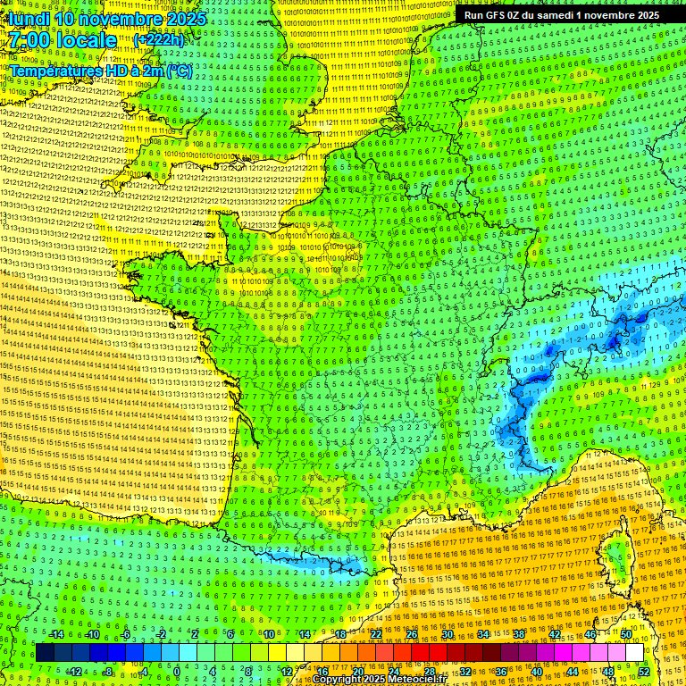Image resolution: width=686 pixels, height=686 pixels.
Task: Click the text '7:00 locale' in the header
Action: [x=63, y=40]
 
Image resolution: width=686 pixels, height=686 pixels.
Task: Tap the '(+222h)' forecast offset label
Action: [x=159, y=39]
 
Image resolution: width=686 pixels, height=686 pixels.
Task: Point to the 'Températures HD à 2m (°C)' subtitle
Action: [x=100, y=71]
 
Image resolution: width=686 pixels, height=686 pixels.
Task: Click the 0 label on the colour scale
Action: [x=177, y=671]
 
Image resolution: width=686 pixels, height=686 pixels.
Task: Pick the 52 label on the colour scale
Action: [x=644, y=671]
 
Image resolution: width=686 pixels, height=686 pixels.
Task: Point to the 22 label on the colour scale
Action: [x=376, y=634]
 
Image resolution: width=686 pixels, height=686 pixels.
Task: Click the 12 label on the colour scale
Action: [x=286, y=671]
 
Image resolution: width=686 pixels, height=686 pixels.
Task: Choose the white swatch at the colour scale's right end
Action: [x=634, y=653]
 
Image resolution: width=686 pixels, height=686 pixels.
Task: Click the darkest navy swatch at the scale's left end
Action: [x=45, y=653]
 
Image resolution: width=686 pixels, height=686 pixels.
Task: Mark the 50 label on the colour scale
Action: [x=626, y=634]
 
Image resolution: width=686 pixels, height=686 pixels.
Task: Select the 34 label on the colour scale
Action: [x=483, y=634]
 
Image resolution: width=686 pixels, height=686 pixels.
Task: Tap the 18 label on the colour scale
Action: [x=340, y=634]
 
